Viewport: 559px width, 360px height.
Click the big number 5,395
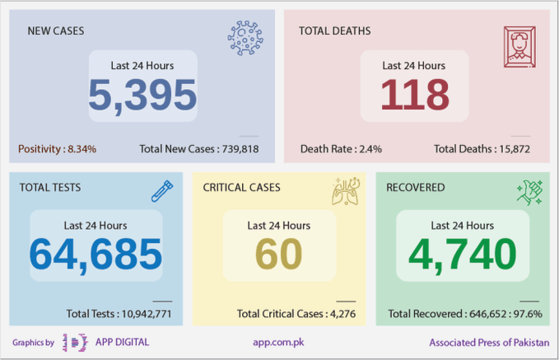pyautogui.click(x=142, y=96)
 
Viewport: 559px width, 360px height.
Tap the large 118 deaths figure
pyautogui.click(x=414, y=96)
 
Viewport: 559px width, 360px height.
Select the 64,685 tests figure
pyautogui.click(x=96, y=255)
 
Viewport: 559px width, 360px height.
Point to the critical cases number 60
pyautogui.click(x=278, y=255)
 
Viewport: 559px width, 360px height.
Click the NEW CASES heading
pyautogui.click(x=56, y=31)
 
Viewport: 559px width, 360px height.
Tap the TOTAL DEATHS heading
pyautogui.click(x=334, y=31)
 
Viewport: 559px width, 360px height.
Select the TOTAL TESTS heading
pyautogui.click(x=50, y=187)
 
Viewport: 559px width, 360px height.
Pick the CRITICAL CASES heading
pyautogui.click(x=241, y=187)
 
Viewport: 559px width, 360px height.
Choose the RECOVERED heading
pyautogui.click(x=415, y=187)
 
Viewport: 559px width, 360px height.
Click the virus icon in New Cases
pyautogui.click(x=245, y=38)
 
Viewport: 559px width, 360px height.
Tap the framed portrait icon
pyautogui.click(x=519, y=46)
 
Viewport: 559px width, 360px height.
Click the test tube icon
pyautogui.click(x=162, y=191)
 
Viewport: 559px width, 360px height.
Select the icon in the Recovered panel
pyautogui.click(x=529, y=192)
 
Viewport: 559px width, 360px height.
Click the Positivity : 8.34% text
pyautogui.click(x=57, y=149)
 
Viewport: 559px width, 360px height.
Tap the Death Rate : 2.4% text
pyautogui.click(x=341, y=149)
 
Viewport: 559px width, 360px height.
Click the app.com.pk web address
pyautogui.click(x=279, y=342)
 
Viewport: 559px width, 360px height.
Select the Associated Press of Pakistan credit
pyautogui.click(x=489, y=342)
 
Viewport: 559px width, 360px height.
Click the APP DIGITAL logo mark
pyautogui.click(x=76, y=342)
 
